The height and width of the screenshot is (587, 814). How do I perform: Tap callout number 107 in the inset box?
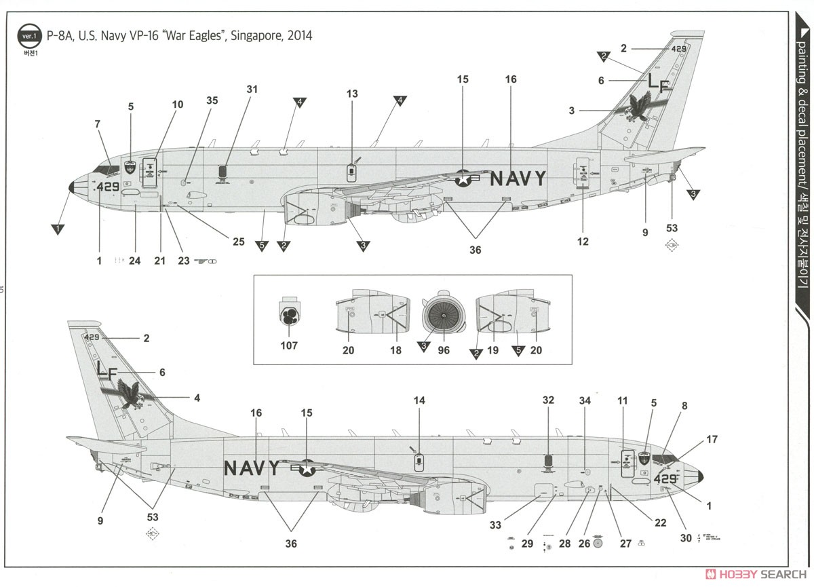[288, 345]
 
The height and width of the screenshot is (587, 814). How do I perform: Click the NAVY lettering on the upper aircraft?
[518, 178]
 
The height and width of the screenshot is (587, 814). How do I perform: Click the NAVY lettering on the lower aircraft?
[251, 468]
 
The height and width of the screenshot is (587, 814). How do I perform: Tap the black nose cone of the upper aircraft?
[73, 187]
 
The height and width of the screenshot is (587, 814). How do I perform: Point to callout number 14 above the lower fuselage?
[419, 400]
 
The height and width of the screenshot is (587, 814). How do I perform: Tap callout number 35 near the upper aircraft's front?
[212, 100]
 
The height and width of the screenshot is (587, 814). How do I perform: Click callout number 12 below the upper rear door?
[583, 242]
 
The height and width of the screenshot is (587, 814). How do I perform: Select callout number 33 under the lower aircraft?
[495, 525]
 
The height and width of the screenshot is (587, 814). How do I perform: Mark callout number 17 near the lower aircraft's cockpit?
[712, 440]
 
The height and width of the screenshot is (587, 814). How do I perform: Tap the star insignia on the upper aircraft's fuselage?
[463, 178]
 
